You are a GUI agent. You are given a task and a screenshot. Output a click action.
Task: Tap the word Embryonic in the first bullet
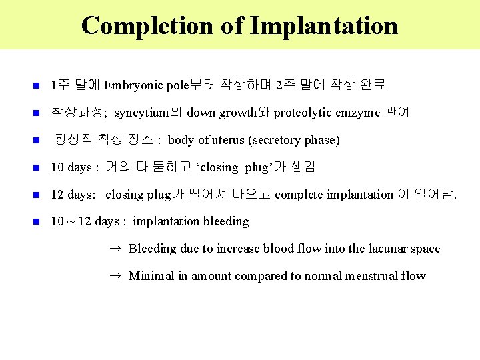coord(131,85)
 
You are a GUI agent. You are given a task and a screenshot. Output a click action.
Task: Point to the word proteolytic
coord(304,113)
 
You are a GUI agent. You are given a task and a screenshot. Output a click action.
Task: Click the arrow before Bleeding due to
coord(115,248)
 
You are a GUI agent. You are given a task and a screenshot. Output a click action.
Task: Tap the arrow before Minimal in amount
coord(115,275)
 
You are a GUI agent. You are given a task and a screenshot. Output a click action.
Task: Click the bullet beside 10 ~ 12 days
coord(37,221)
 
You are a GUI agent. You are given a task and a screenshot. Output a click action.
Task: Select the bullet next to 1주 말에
coord(37,85)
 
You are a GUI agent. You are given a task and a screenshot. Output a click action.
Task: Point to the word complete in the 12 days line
coord(298,195)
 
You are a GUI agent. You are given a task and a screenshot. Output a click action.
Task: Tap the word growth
coord(239,113)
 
